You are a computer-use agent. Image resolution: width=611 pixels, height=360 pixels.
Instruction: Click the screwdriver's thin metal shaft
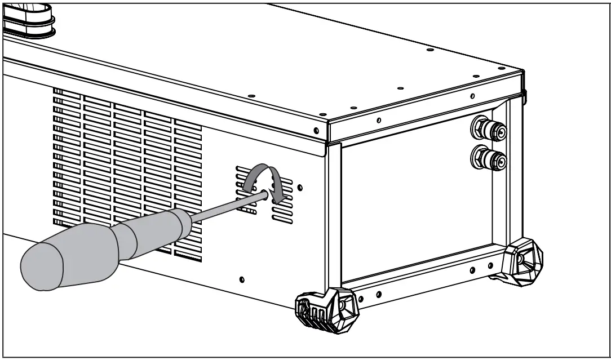pyautogui.click(x=225, y=204)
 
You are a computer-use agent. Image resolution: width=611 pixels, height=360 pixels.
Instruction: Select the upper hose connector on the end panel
pyautogui.click(x=489, y=130)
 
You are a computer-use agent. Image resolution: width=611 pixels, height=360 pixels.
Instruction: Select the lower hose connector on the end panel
pyautogui.click(x=489, y=158)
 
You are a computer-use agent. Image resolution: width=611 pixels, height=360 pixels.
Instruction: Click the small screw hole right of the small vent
pyautogui.click(x=300, y=186)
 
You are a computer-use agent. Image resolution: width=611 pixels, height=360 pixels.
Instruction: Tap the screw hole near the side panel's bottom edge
pyautogui.click(x=242, y=279)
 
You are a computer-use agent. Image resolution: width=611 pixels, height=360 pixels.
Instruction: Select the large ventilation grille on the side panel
pyautogui.click(x=127, y=169)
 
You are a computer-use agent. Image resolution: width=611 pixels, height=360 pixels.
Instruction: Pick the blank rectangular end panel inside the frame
pyautogui.click(x=417, y=208)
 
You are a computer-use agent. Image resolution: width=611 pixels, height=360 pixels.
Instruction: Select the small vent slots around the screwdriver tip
pyautogui.click(x=265, y=194)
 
